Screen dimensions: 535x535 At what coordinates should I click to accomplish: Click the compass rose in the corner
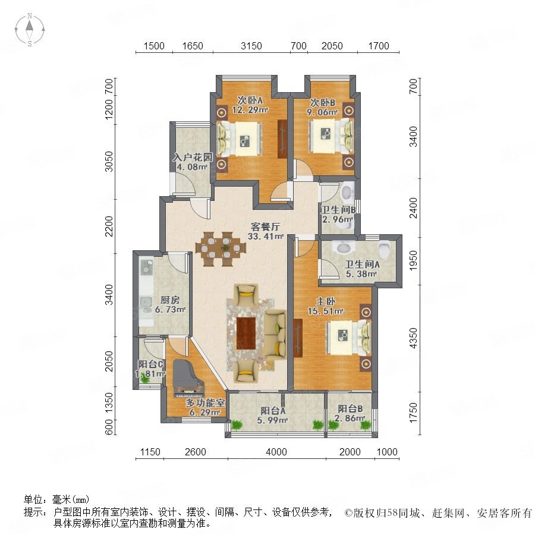point(30,30)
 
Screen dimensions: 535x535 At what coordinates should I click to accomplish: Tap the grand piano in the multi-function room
point(185,378)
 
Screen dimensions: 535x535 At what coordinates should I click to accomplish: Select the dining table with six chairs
point(221,249)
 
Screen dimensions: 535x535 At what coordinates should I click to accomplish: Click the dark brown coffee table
point(246,333)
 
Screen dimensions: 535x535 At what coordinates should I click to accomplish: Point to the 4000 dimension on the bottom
point(276,452)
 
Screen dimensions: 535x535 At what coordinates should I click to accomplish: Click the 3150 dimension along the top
point(251,46)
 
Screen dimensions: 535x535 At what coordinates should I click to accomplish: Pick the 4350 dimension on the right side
point(413,338)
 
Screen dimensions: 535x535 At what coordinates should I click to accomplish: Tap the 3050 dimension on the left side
point(109,161)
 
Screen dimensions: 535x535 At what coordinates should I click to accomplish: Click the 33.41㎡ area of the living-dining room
point(266,236)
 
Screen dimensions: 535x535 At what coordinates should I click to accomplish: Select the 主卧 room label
point(325,301)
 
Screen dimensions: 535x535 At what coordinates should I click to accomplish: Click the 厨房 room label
point(170,300)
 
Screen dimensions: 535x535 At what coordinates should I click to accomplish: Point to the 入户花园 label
point(193,158)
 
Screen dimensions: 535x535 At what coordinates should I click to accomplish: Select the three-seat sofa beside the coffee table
point(276,333)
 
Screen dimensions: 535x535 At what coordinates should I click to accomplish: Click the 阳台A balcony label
point(273,410)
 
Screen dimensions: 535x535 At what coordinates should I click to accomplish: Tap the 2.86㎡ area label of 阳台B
point(350,418)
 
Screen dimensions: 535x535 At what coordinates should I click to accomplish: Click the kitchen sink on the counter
point(146,303)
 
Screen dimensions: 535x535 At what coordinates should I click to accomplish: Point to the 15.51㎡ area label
point(325,311)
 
